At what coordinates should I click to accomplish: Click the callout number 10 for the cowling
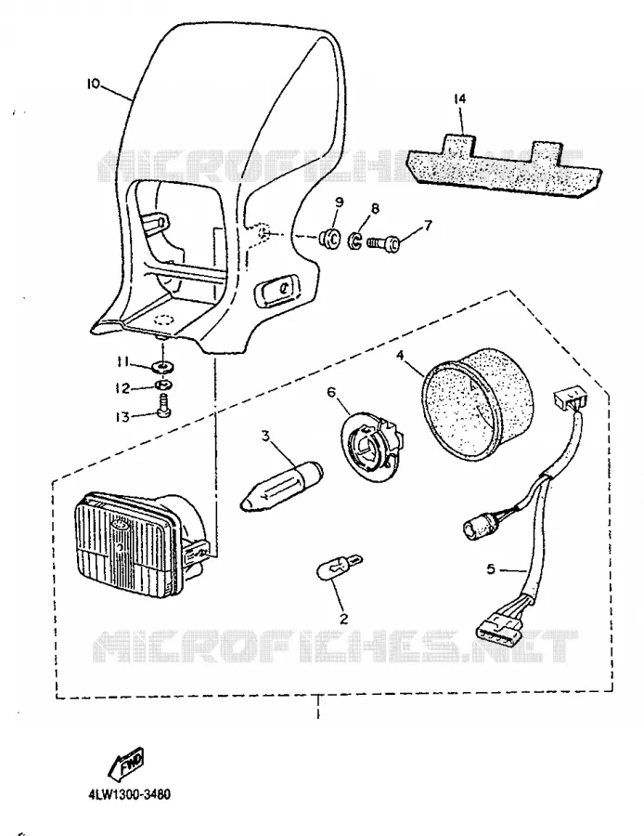pos(93,84)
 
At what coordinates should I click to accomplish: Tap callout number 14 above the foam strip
pos(459,98)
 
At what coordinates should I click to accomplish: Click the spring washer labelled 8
pos(355,241)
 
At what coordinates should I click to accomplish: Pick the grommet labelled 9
pos(329,239)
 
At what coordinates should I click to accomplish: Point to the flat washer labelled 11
pos(161,367)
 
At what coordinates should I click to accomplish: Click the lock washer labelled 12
pos(163,385)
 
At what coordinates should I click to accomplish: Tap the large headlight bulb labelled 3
pos(282,486)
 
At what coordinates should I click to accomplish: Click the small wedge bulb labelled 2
pos(340,567)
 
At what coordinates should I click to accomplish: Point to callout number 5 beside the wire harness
pos(491,569)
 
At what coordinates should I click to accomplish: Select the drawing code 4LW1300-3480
pos(129,795)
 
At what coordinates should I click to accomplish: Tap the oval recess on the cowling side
pos(278,290)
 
